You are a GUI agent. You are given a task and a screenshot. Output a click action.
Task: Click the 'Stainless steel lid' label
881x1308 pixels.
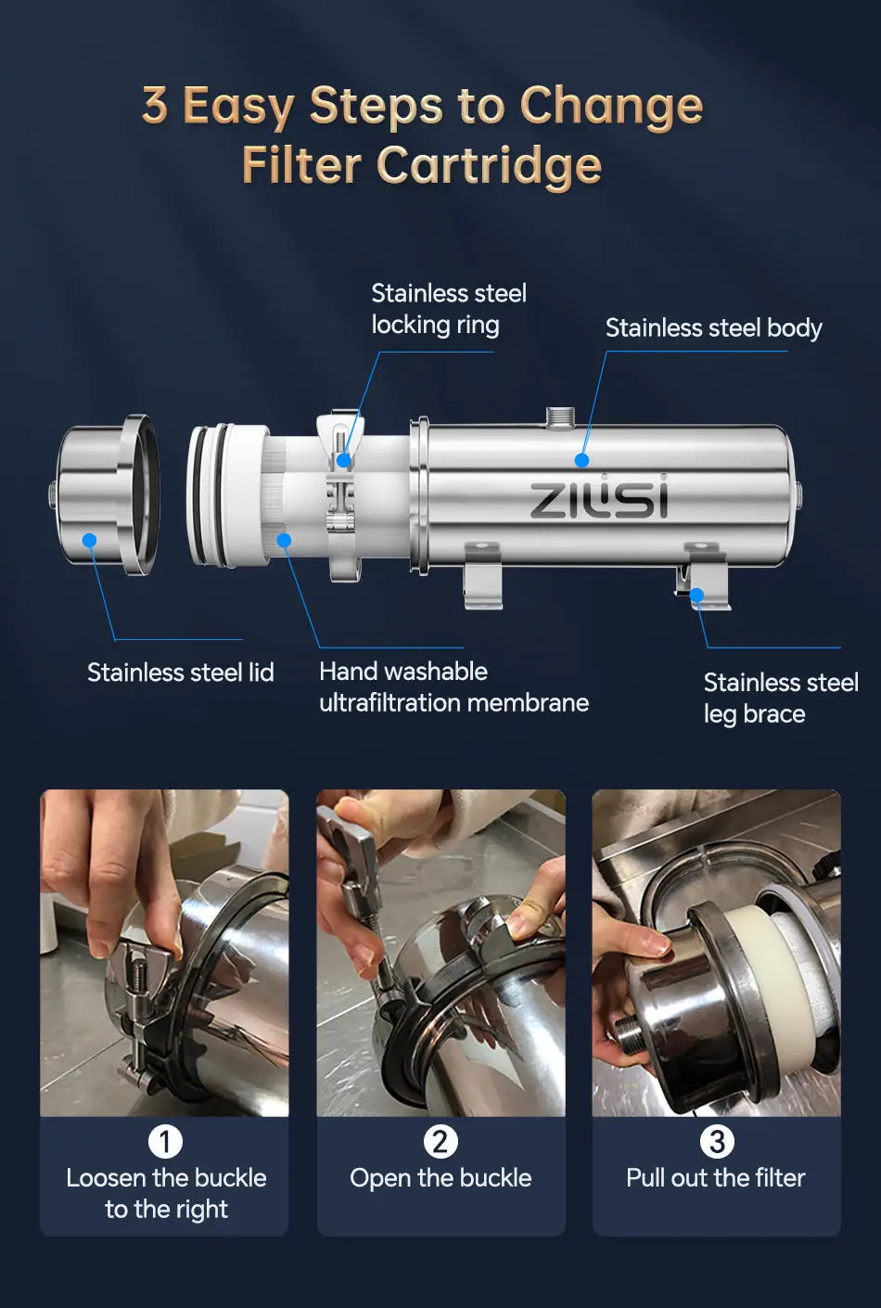click(181, 673)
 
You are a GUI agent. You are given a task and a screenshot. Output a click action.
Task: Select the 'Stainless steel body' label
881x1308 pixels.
click(713, 328)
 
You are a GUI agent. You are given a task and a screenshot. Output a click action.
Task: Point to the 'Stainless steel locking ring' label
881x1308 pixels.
click(449, 310)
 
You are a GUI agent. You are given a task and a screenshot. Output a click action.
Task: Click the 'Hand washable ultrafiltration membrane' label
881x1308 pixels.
click(453, 687)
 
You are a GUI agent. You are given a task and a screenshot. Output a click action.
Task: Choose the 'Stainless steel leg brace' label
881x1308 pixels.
click(781, 699)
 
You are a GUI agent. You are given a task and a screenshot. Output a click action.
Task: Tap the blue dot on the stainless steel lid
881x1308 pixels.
click(89, 540)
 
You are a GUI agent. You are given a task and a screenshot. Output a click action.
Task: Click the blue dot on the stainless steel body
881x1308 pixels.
click(581, 460)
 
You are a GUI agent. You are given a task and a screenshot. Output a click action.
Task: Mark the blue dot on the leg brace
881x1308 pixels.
click(696, 595)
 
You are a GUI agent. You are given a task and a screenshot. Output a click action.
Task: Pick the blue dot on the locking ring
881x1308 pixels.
click(343, 460)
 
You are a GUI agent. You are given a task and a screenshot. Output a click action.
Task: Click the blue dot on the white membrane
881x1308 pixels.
click(284, 540)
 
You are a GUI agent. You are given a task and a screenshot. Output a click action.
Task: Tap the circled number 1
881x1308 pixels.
click(165, 1142)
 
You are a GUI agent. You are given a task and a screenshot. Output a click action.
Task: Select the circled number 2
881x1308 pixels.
click(440, 1142)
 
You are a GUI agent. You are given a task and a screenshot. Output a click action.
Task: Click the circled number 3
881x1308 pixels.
click(717, 1142)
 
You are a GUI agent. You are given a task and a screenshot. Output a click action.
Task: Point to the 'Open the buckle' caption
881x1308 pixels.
click(440, 1178)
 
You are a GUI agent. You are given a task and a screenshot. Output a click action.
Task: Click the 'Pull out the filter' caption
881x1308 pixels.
click(716, 1178)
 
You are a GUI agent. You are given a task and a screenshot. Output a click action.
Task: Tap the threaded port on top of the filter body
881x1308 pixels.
click(560, 417)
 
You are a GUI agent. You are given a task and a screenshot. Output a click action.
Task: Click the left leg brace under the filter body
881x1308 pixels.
click(483, 575)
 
